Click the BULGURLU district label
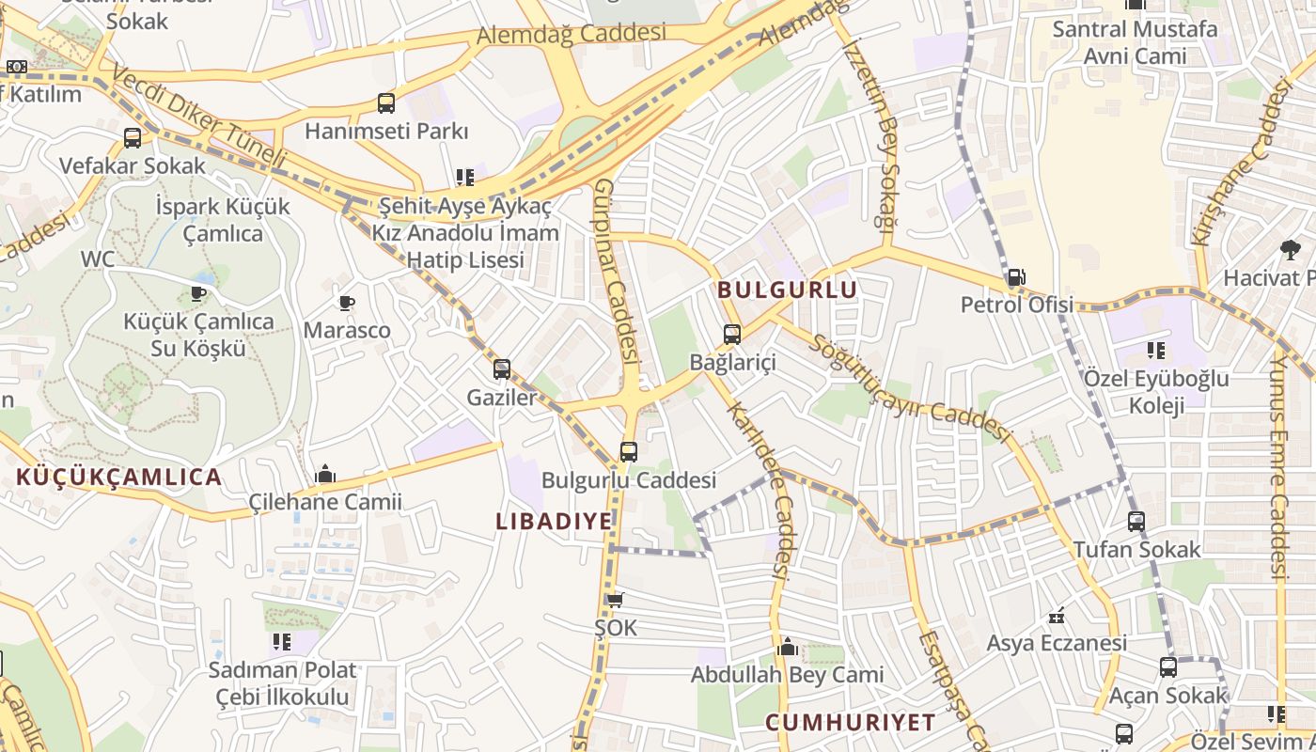coord(788,290)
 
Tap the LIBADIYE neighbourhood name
coord(554,521)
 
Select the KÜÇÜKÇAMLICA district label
coord(119,477)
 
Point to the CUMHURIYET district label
coord(850,722)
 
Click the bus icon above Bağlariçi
coord(731,334)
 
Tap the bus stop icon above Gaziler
coord(502,369)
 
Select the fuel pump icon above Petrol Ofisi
coord(1015,277)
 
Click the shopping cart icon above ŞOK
coord(615,600)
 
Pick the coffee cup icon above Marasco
coord(346,303)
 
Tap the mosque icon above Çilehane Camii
coord(325,474)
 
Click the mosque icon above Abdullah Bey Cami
coord(788,647)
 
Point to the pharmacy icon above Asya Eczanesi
coord(1057,617)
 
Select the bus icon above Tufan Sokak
coord(1136,521)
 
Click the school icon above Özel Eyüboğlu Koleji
coord(1155,351)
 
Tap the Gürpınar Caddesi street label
coord(617,273)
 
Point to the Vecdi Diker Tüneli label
coord(197,117)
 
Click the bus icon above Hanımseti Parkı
coord(385,103)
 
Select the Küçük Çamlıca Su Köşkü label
coord(198,335)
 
